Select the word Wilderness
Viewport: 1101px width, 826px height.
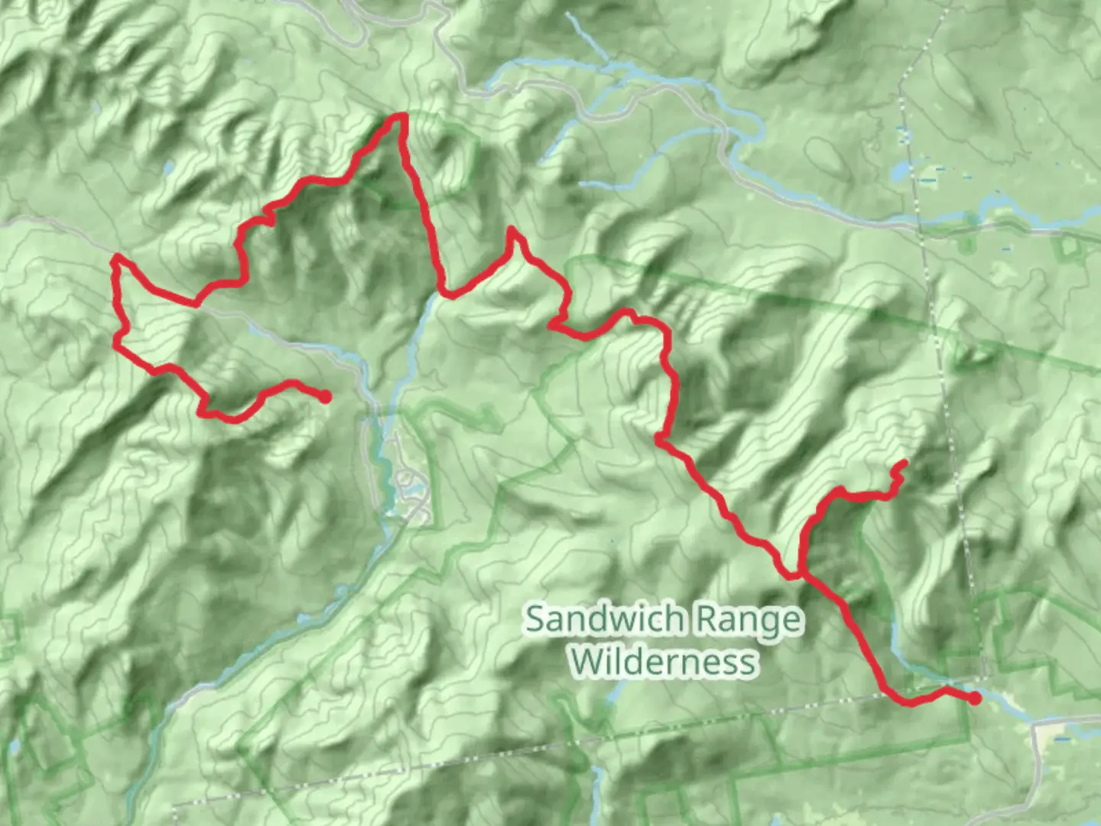pyautogui.click(x=664, y=662)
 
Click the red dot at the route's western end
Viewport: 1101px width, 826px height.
pyautogui.click(x=325, y=396)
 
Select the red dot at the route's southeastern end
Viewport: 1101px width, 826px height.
pyautogui.click(x=975, y=698)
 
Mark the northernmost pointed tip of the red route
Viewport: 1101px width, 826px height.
pyautogui.click(x=400, y=116)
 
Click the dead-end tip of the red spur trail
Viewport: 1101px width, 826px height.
pyautogui.click(x=905, y=462)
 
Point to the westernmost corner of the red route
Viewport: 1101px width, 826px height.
pyautogui.click(x=115, y=259)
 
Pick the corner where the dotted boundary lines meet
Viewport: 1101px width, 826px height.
pyautogui.click(x=985, y=678)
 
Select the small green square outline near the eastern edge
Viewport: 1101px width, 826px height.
pyautogui.click(x=1069, y=246)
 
